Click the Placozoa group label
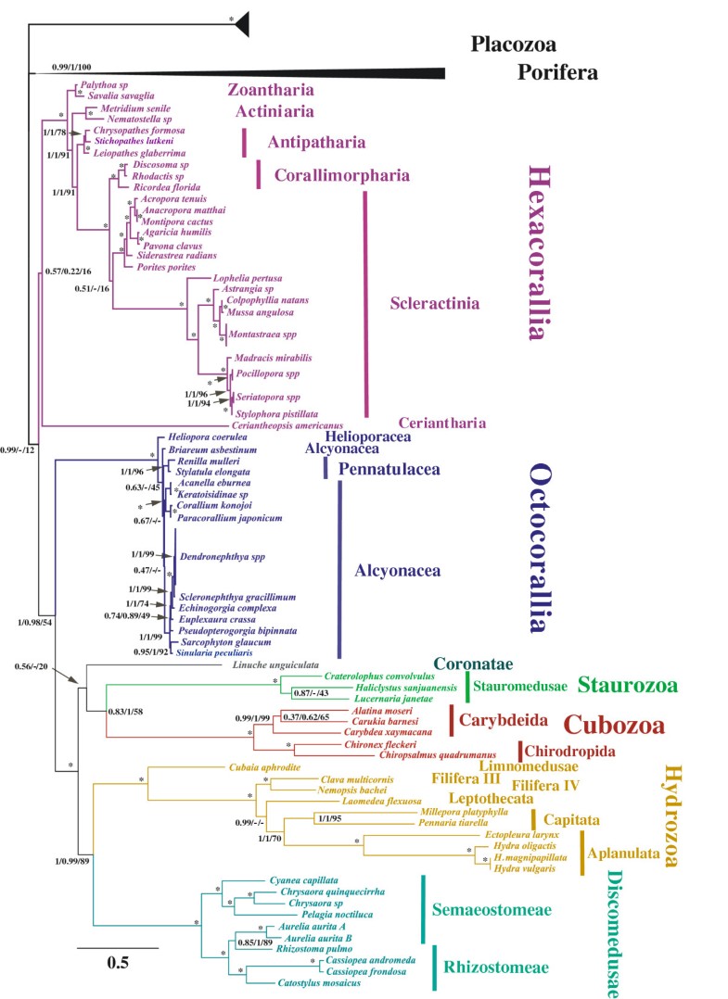pyautogui.click(x=513, y=44)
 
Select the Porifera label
pyautogui.click(x=557, y=72)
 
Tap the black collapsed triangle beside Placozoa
pyautogui.click(x=242, y=24)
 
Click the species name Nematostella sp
pyautogui.click(x=139, y=120)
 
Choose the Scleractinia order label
pyautogui.click(x=435, y=303)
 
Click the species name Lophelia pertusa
pyautogui.click(x=248, y=278)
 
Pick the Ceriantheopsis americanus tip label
pyautogui.click(x=287, y=425)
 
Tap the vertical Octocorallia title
pyautogui.click(x=540, y=548)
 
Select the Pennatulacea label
pyautogui.click(x=389, y=470)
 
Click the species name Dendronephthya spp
pyautogui.click(x=222, y=557)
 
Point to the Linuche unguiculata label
pyautogui.click(x=275, y=665)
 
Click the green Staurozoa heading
pyautogui.click(x=627, y=685)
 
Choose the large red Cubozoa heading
pyautogui.click(x=615, y=725)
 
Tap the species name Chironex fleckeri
pyautogui.click(x=380, y=744)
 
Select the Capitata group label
pyautogui.click(x=571, y=820)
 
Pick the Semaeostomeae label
pyautogui.click(x=492, y=910)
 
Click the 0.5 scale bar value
pyautogui.click(x=118, y=962)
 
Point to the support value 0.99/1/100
pyautogui.click(x=71, y=67)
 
